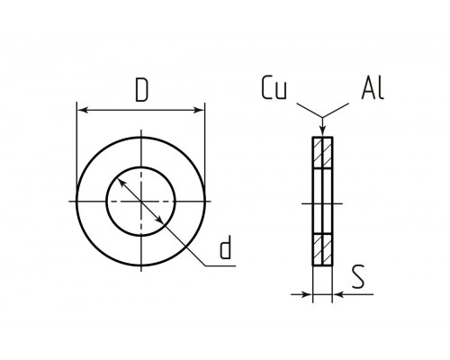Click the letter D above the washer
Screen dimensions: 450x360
141,90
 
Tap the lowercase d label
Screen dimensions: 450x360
225,247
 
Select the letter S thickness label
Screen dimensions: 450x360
358,276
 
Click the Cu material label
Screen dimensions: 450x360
274,87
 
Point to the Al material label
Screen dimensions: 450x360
373,87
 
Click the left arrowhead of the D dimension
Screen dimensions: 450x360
83,110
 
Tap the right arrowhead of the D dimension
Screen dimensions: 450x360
199,110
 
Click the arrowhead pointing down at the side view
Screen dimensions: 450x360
322,131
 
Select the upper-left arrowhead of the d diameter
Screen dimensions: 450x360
121,183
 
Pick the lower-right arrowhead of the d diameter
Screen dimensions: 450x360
160,220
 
